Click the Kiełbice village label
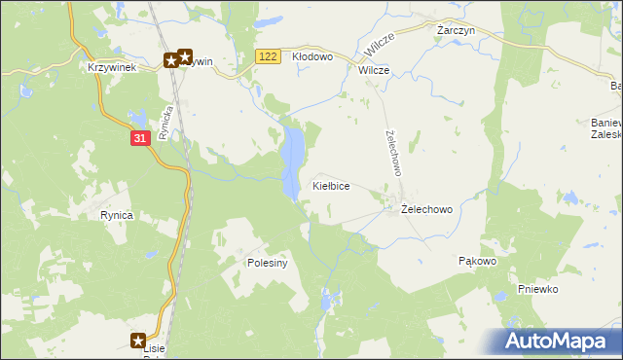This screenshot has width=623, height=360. (x=330, y=185)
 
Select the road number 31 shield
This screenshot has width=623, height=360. (x=140, y=139)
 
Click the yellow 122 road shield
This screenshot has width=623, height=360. (x=270, y=57)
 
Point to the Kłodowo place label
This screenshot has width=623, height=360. (x=312, y=57)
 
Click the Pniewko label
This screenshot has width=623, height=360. (x=537, y=289)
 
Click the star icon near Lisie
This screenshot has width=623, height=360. (x=138, y=341)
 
